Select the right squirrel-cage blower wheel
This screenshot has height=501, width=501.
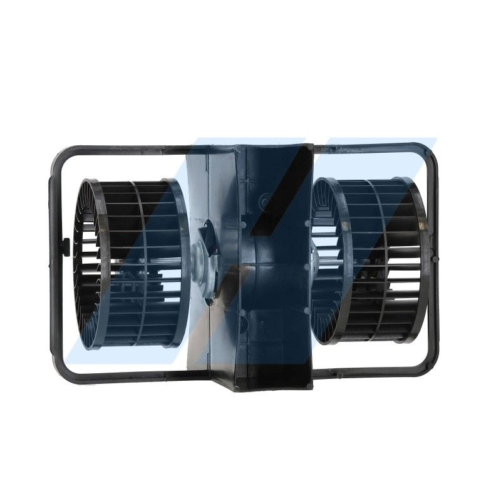click(369, 260)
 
